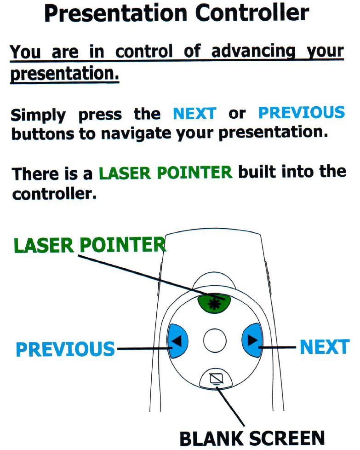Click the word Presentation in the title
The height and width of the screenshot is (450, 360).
coord(116,13)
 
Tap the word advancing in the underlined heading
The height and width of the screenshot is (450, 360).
coord(253,52)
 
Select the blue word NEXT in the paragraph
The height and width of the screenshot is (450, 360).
coord(194,113)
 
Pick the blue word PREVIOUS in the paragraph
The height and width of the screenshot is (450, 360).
coord(302,112)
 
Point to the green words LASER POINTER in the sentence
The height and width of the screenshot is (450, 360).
coord(166,173)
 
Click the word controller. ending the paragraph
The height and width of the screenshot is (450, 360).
coord(54,194)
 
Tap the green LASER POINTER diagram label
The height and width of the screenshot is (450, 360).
coord(90,245)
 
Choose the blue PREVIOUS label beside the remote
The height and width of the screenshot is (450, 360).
coord(65,349)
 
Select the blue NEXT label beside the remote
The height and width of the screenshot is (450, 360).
coord(325,347)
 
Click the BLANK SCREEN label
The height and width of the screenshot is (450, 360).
coord(252,438)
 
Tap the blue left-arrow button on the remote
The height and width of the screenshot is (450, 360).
coord(177,341)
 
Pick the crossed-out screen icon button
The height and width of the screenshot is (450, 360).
coord(216,379)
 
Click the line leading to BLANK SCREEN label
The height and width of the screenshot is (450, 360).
coord(231,406)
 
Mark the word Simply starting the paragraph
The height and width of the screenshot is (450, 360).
coord(38,115)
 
